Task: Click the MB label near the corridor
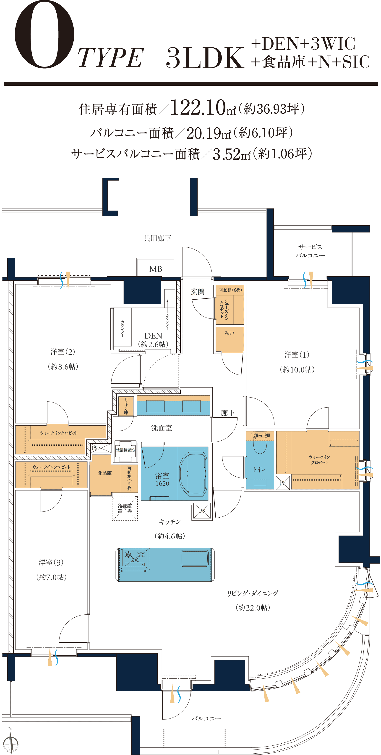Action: [156, 269]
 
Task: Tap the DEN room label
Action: [153, 336]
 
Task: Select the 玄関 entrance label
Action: [197, 292]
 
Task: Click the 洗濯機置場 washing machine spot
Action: [125, 451]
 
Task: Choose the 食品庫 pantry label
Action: [105, 473]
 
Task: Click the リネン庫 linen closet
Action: [126, 406]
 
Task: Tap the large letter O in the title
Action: [45, 34]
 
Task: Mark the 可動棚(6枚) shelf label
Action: [230, 290]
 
